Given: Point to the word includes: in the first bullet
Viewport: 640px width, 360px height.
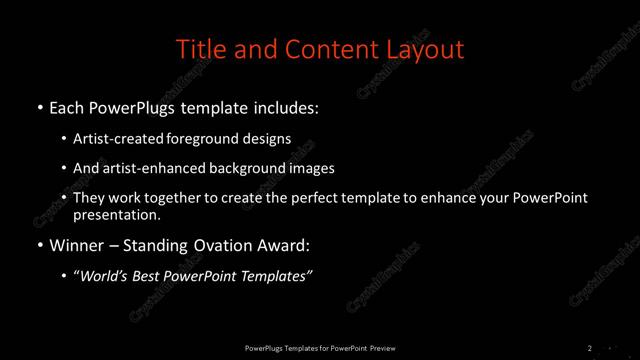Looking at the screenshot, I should (288, 106).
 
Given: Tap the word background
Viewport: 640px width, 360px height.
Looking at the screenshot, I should (250, 168).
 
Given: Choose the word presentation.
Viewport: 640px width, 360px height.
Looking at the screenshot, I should (117, 214).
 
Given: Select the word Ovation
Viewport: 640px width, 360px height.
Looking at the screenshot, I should (222, 245).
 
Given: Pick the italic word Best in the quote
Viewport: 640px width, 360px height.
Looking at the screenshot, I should (153, 277).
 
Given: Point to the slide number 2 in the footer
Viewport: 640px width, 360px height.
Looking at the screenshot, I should (590, 348).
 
